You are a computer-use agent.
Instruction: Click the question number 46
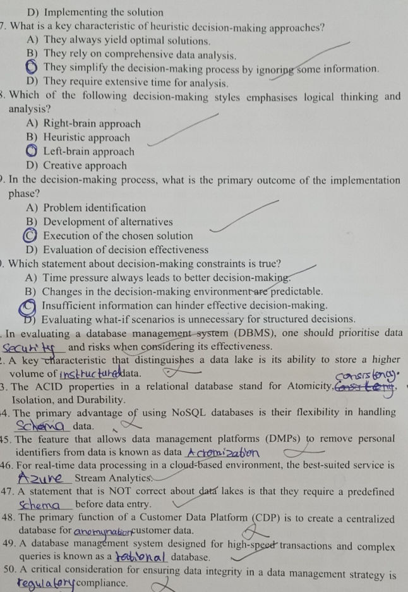[9, 465]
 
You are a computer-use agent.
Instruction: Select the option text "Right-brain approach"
[92, 124]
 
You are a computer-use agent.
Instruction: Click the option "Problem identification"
[94, 208]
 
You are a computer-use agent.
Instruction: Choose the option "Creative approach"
[85, 166]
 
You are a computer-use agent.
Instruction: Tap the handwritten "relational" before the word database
[141, 557]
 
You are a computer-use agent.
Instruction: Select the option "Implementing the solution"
[95, 12]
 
